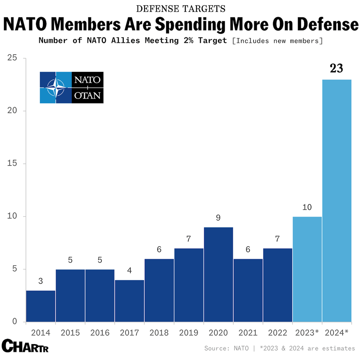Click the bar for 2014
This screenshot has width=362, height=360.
click(41, 306)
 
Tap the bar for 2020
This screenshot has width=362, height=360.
click(218, 274)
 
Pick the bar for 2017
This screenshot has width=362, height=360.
click(130, 300)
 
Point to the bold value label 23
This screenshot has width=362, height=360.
click(336, 68)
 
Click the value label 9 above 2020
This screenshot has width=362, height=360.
click(218, 218)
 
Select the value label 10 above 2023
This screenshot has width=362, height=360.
click(307, 208)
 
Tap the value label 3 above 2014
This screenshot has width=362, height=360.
click(41, 281)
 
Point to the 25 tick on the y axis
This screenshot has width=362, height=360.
click(12, 58)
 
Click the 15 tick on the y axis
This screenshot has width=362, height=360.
click(12, 164)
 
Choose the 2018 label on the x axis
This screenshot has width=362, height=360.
click(159, 333)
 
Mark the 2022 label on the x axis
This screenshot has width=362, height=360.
click(277, 333)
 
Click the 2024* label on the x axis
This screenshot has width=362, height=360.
click(337, 333)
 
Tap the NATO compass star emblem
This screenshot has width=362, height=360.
click(56, 87)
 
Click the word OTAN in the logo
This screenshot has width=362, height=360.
click(88, 95)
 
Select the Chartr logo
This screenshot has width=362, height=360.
click(25, 346)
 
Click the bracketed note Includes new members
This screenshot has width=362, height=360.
click(277, 41)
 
